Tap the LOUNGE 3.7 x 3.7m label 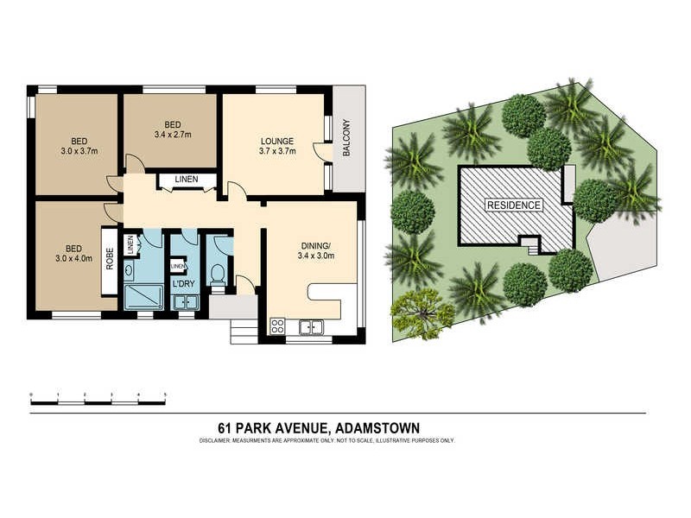pyautogui.click(x=277, y=146)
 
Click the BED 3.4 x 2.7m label pyautogui.click(x=172, y=129)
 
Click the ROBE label pyautogui.click(x=110, y=259)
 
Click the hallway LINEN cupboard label pyautogui.click(x=186, y=180)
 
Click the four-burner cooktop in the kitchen pyautogui.click(x=279, y=326)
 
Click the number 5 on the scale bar pyautogui.click(x=165, y=395)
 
